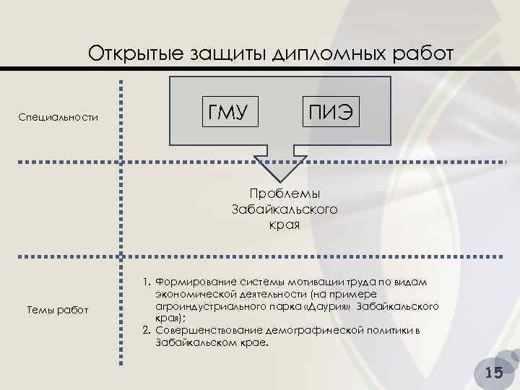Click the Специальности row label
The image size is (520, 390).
pos(57,118)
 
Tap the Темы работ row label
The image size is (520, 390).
pos(57,310)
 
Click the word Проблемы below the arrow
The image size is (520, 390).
pos(284,194)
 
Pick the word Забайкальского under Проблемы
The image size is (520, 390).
pos(284,209)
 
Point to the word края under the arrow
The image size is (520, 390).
pos(284,225)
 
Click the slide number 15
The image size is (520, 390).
pos(494,372)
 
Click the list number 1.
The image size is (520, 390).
pos(145,281)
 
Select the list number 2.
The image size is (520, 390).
pos(145,330)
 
